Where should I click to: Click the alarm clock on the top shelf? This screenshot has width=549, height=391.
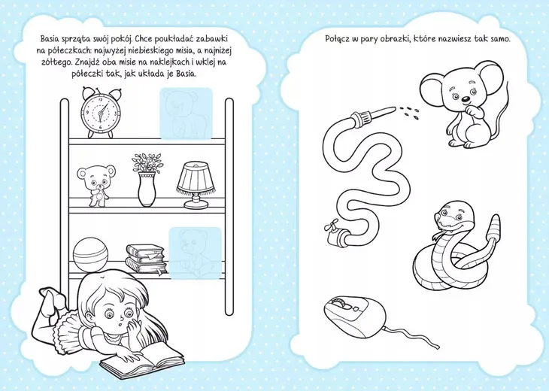(101, 112)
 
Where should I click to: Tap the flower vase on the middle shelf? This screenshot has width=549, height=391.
(147, 180)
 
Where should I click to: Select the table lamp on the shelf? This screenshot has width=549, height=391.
(196, 185)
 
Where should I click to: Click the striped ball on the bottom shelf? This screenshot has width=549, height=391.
(91, 254)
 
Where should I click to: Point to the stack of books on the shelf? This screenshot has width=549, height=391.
(146, 259)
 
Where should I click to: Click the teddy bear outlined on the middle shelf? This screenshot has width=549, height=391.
(96, 185)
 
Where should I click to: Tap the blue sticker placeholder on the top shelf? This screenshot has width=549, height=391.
(187, 114)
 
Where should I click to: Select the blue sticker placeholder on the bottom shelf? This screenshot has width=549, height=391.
(196, 253)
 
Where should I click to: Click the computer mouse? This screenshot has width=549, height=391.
(355, 313)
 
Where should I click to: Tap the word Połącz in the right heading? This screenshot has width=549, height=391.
(336, 39)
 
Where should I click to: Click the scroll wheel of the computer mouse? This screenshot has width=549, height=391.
(339, 302)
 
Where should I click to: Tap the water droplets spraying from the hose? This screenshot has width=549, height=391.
(409, 111)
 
